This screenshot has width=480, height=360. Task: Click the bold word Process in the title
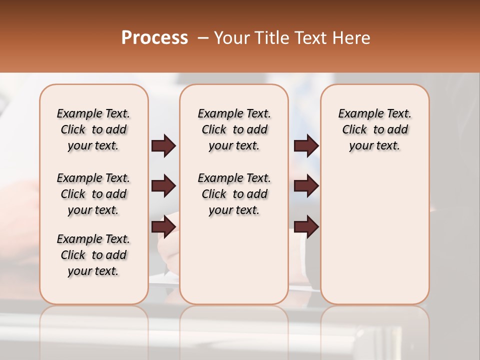point(154,38)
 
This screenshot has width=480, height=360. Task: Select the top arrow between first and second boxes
point(163,146)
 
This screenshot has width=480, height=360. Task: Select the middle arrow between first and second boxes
point(163,186)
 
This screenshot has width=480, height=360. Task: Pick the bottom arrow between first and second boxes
point(163,226)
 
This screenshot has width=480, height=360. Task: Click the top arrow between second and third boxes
point(306,146)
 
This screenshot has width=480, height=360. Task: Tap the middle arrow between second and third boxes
point(306,186)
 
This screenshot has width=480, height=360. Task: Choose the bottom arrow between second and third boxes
point(306,226)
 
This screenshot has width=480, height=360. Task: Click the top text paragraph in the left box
point(93,129)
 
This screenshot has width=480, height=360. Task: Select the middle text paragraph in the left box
point(93,194)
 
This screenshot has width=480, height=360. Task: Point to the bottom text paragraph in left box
point(93,255)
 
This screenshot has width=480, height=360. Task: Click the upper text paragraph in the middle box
point(234,129)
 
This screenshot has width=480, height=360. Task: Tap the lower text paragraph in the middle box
point(234,194)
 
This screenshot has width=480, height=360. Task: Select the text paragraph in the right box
point(374,129)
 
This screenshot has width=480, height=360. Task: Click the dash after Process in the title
point(203,38)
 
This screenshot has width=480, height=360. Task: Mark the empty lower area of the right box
point(374,235)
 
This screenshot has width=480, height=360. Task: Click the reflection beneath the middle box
point(234,325)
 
